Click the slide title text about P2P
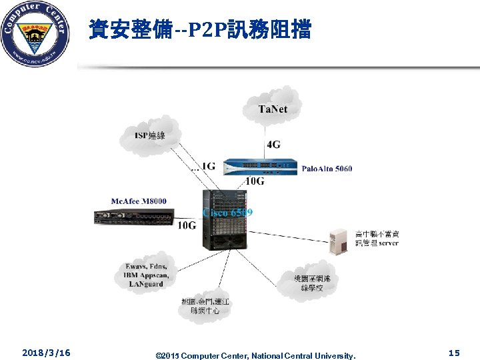coord(199,29)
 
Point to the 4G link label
coord(274,144)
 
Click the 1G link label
coord(207,166)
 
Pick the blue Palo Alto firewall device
coord(260,167)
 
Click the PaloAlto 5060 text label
coord(327,168)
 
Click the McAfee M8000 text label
coord(139,201)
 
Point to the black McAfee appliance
coord(134,217)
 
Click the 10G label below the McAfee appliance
coord(187,226)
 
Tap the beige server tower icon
coord(339,241)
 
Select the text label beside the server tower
coord(377,238)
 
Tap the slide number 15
coord(454,352)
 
